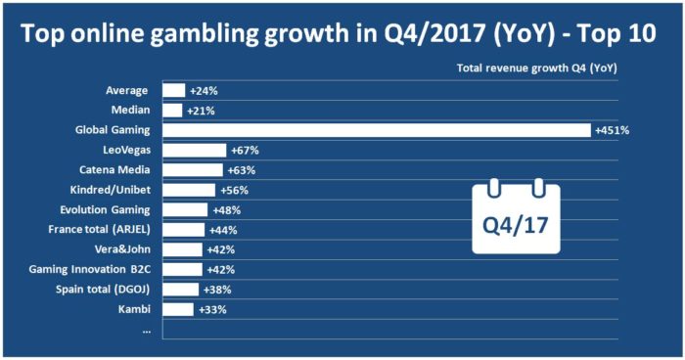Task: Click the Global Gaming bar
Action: (x=377, y=130)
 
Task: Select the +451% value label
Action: (x=612, y=130)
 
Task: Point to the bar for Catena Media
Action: (x=193, y=169)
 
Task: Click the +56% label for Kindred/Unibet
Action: (x=234, y=190)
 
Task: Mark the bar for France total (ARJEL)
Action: (x=183, y=230)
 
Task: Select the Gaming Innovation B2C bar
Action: (x=182, y=270)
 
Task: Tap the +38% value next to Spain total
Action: (x=217, y=290)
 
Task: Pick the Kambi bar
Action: (x=178, y=309)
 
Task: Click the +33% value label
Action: (x=211, y=309)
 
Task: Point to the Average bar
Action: (x=173, y=90)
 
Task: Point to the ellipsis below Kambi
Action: (x=146, y=329)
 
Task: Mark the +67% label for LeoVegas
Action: (x=245, y=150)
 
